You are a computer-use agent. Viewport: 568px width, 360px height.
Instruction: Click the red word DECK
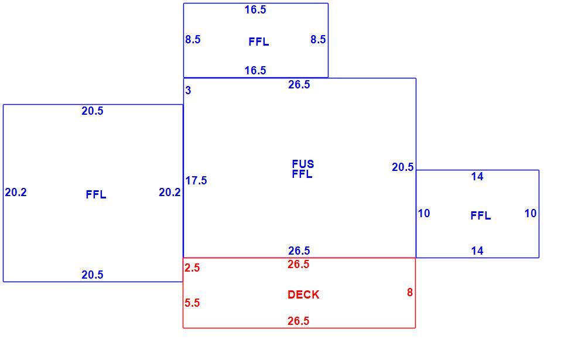coord(303,295)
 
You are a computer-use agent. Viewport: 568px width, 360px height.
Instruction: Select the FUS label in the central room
coord(303,164)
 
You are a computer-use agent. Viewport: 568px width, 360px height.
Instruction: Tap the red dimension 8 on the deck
coord(410,292)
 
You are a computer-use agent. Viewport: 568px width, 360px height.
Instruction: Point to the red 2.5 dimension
coord(192,268)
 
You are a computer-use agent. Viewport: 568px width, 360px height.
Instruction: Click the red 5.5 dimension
coord(192,303)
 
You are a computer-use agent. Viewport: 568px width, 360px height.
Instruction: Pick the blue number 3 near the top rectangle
coord(188,90)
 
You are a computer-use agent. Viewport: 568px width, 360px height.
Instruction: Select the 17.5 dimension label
coord(196,180)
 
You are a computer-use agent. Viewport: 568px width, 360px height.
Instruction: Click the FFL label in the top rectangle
coord(259,42)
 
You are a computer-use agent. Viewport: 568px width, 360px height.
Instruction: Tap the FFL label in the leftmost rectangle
coord(96,195)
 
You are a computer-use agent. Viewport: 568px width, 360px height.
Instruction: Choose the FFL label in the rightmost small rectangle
coord(481,216)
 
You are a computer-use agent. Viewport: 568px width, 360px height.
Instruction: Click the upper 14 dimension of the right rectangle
coord(477,176)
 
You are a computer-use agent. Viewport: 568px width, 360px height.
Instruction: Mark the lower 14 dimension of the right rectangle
coord(477,251)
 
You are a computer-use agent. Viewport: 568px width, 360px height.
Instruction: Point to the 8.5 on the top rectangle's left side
coord(193,39)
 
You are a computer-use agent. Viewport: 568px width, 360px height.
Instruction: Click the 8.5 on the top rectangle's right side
coord(318,39)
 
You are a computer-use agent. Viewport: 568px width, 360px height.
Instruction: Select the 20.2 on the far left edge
coord(16,193)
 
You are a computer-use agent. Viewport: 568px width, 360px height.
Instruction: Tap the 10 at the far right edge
coord(531,213)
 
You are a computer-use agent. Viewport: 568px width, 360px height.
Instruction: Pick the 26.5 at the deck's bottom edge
coord(299,321)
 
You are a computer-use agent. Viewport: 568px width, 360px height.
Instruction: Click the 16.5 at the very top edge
coord(255,10)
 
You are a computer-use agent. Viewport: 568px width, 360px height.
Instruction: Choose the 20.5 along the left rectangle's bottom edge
coord(93,275)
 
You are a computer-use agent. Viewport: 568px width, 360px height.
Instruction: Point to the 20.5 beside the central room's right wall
coord(402,167)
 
